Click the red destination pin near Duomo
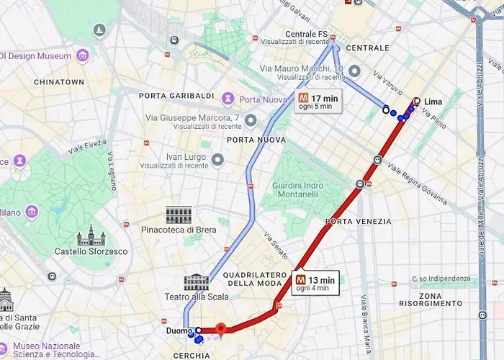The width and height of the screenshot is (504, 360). point(221,330)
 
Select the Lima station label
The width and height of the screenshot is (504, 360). point(433,102)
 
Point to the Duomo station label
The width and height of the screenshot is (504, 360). point(179,331)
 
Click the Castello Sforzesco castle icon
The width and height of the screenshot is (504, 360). point(91,236)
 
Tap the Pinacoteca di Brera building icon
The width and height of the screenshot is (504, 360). point(179,215)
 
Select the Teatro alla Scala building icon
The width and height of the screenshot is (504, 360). point(196,282)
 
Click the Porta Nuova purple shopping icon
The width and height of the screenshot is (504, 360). point(229,98)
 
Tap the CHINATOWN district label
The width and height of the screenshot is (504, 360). point(59,82)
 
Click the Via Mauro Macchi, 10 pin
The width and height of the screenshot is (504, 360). point(354,71)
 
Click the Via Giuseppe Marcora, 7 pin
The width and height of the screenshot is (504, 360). point(251,120)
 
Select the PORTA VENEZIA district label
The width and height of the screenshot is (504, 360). point(358,221)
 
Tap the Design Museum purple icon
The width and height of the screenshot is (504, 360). point(83,55)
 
